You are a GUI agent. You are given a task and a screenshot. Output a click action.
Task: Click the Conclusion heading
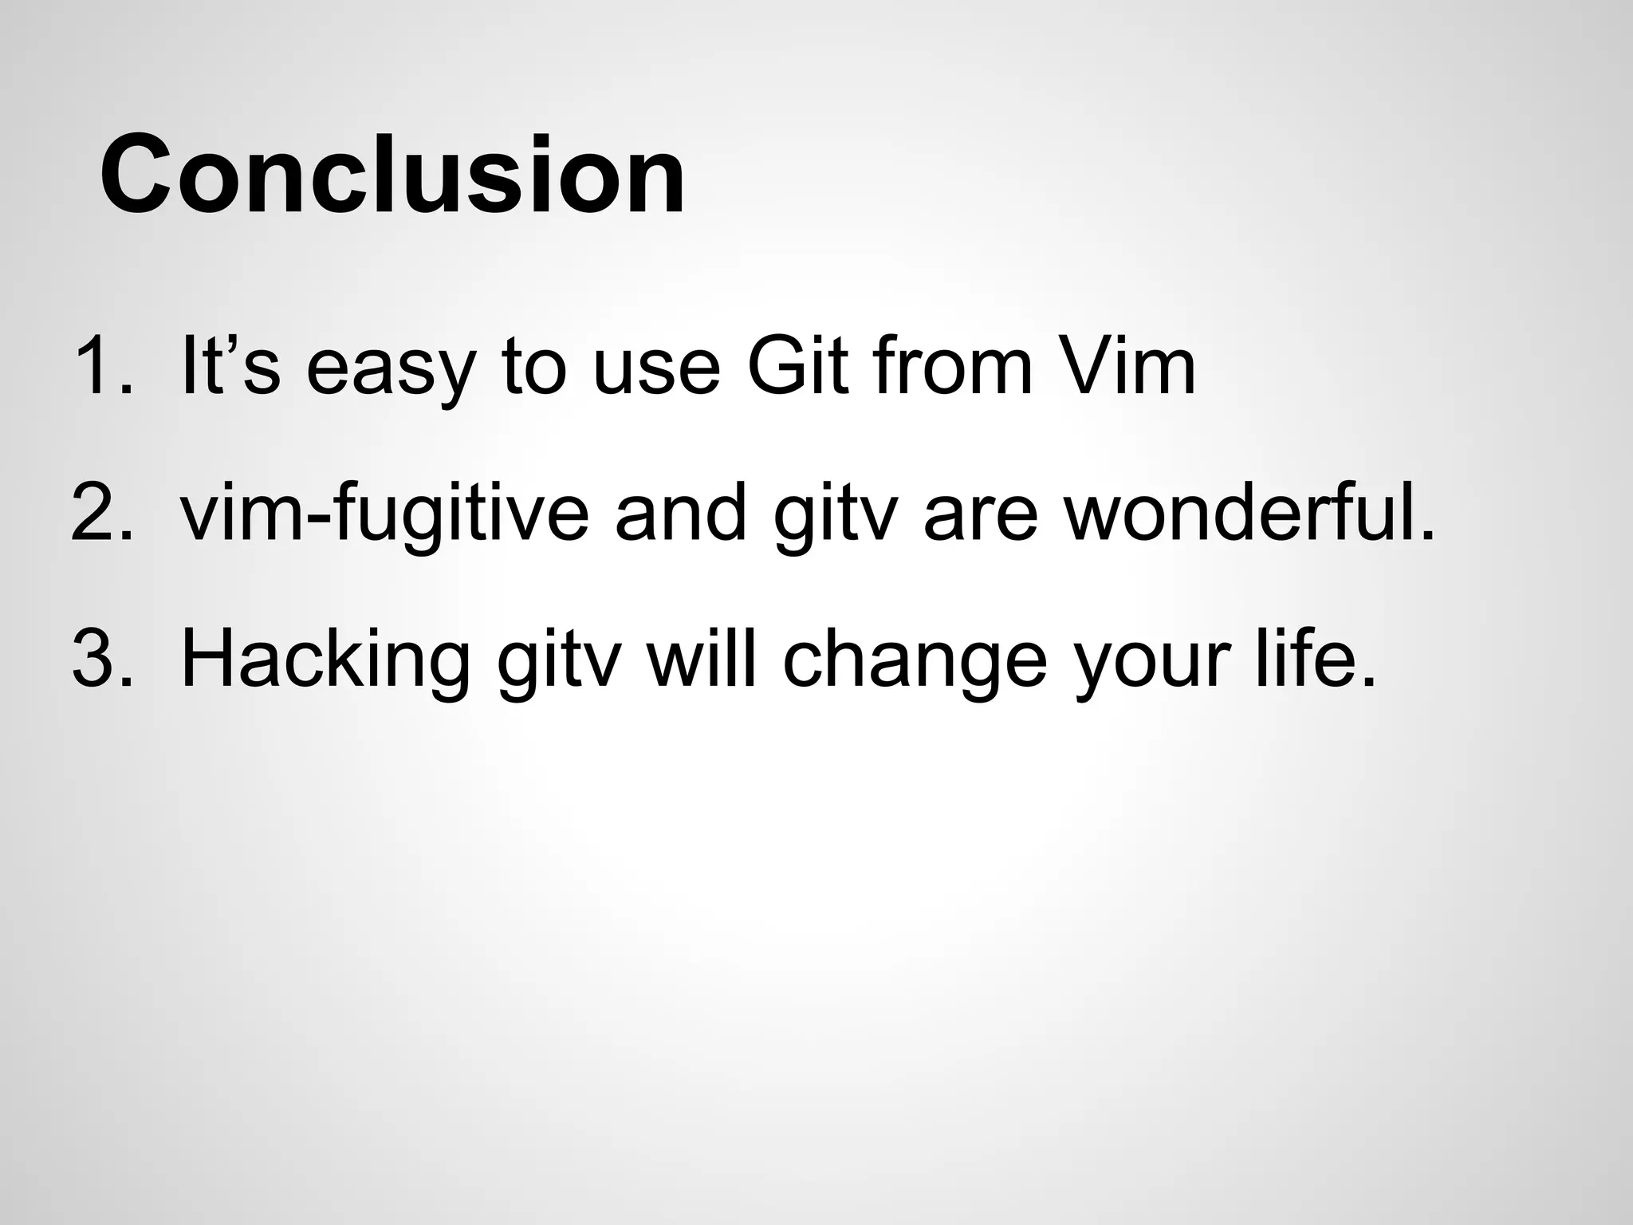[x=392, y=175]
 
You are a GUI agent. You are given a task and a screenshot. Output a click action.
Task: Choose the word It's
[x=230, y=366]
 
